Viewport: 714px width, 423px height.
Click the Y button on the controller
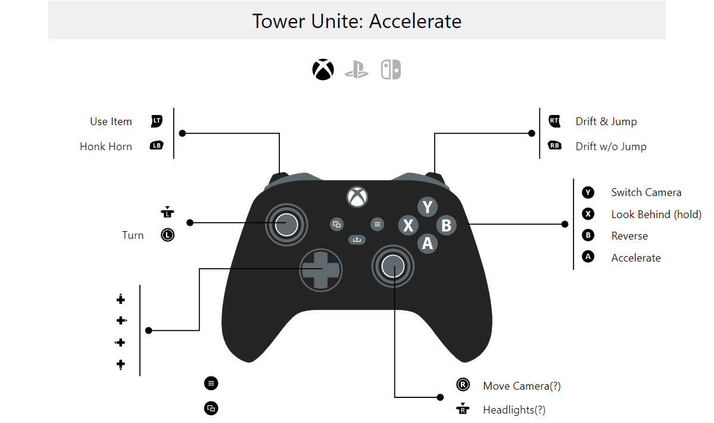coord(427,207)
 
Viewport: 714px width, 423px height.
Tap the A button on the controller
coord(427,242)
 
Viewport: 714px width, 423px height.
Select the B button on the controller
coord(446,225)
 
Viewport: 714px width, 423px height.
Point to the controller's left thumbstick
coord(286,224)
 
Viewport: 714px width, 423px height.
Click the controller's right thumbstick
coord(393,266)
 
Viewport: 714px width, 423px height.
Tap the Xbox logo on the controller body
coord(357,196)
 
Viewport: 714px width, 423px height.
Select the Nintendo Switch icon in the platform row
coord(391,70)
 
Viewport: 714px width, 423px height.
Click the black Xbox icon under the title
coord(323,70)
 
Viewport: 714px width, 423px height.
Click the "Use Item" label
coord(111,122)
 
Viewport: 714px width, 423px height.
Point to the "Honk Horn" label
coord(106,147)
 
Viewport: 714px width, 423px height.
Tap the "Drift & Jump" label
coord(606,122)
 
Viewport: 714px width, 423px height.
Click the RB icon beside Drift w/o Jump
coord(554,146)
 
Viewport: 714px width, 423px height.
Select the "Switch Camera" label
coord(646,192)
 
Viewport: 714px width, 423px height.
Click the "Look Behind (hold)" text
coord(656,214)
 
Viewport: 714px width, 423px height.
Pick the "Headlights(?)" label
coord(514,410)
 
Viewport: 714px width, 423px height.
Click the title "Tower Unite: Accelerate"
coord(357,21)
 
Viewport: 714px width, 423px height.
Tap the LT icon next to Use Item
coord(157,121)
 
